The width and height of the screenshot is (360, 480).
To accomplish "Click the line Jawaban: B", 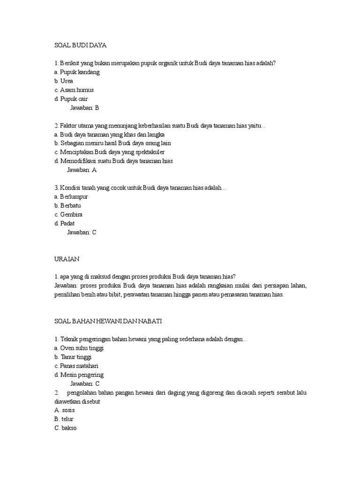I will [84, 108].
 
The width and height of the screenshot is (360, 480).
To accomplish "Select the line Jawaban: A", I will [82, 170].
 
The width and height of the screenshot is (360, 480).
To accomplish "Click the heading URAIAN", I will [67, 259].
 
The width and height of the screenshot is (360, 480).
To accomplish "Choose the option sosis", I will [68, 410].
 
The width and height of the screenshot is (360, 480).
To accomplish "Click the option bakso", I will [68, 428].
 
